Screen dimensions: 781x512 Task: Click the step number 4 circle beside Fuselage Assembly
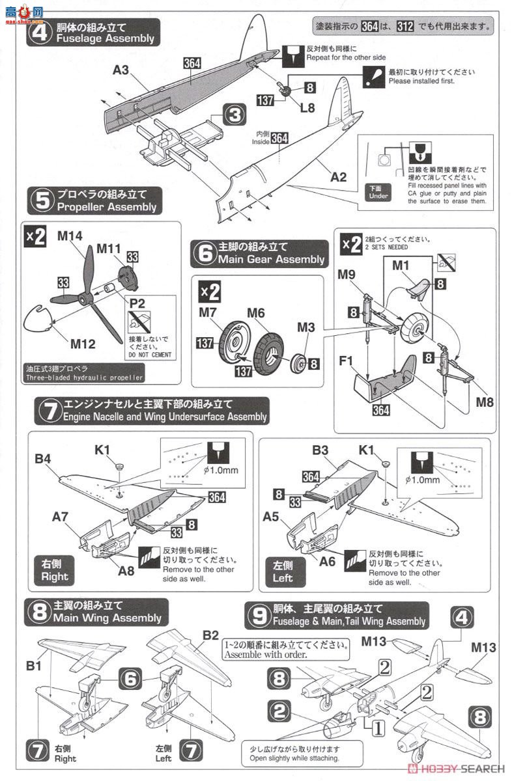pos(39,33)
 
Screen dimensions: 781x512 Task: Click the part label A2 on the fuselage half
pos(339,177)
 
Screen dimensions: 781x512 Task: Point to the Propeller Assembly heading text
pos(107,207)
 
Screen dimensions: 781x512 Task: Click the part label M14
pos(70,236)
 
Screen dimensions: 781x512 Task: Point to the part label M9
pos(346,273)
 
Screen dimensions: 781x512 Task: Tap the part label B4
pos(44,459)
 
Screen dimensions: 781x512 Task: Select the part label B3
pos(319,449)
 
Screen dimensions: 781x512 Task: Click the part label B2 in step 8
pos(210,634)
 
